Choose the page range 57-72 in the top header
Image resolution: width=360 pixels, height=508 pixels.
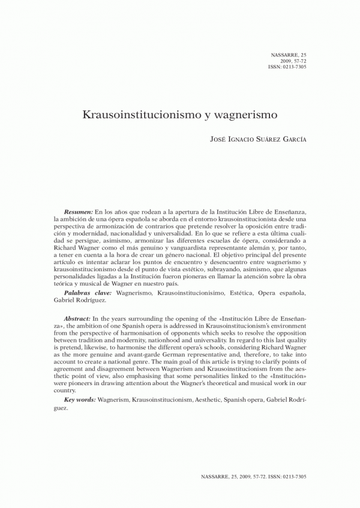pyautogui.click(x=298, y=61)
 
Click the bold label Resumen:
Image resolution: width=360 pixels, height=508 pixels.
pyautogui.click(x=78, y=213)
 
